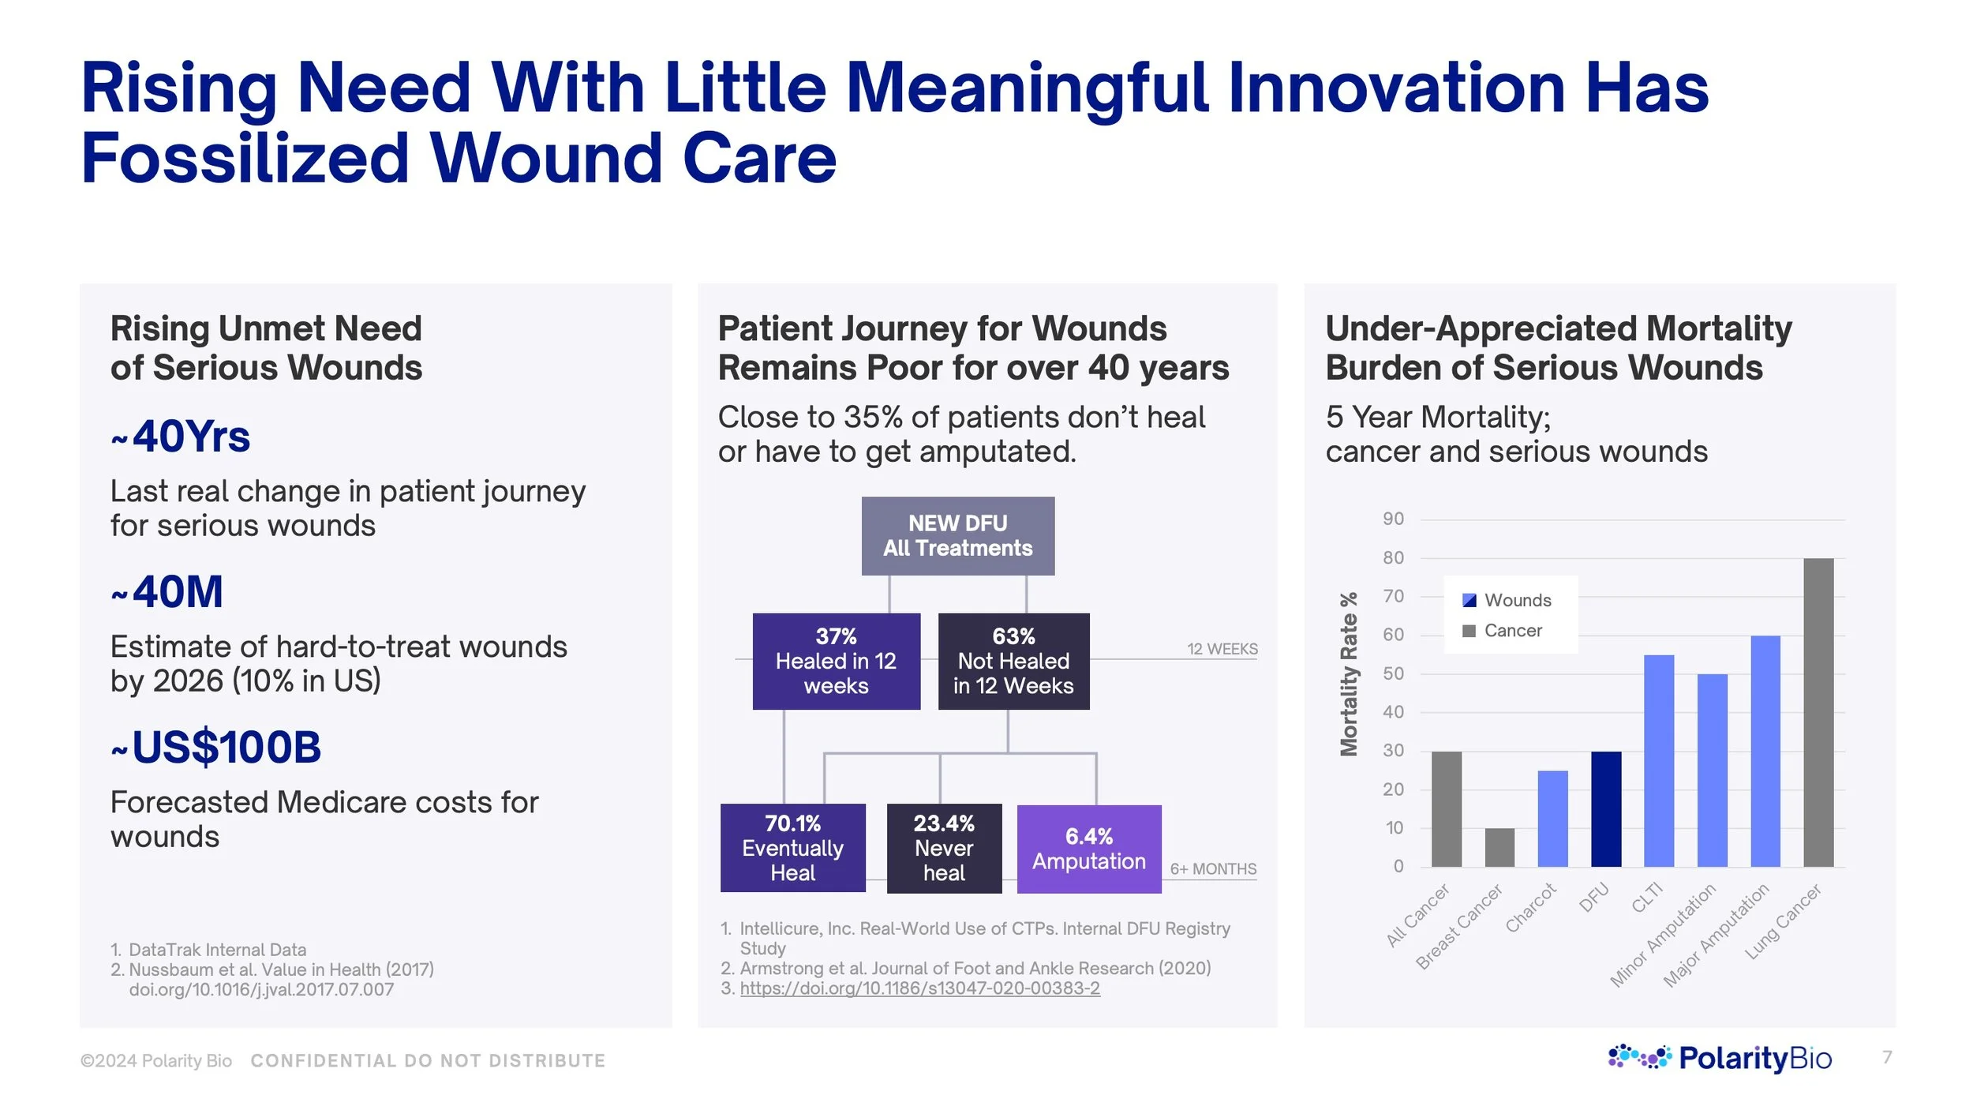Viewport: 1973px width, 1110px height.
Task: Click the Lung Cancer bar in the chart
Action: point(1818,712)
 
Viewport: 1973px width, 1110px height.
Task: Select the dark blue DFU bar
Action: point(1605,808)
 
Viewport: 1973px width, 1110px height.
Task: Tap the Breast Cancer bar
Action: point(1499,847)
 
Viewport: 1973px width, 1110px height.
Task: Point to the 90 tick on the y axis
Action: point(1393,519)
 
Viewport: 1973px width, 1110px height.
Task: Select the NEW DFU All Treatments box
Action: point(957,535)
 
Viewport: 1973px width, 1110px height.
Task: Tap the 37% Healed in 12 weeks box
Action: point(836,661)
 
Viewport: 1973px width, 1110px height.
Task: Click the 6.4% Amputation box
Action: point(1088,849)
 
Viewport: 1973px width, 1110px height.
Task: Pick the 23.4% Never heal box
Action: point(944,848)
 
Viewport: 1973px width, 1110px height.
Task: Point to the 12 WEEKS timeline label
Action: point(1222,649)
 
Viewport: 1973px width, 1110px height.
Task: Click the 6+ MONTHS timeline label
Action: point(1213,868)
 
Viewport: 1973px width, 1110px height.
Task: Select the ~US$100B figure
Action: point(217,747)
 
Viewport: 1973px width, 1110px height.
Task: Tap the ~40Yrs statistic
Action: point(182,437)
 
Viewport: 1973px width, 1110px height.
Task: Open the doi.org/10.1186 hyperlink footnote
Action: point(919,988)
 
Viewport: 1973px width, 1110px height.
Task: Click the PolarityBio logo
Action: point(1720,1057)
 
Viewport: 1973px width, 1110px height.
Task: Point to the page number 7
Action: point(1887,1056)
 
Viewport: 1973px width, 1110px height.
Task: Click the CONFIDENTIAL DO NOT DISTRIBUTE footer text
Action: point(428,1060)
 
